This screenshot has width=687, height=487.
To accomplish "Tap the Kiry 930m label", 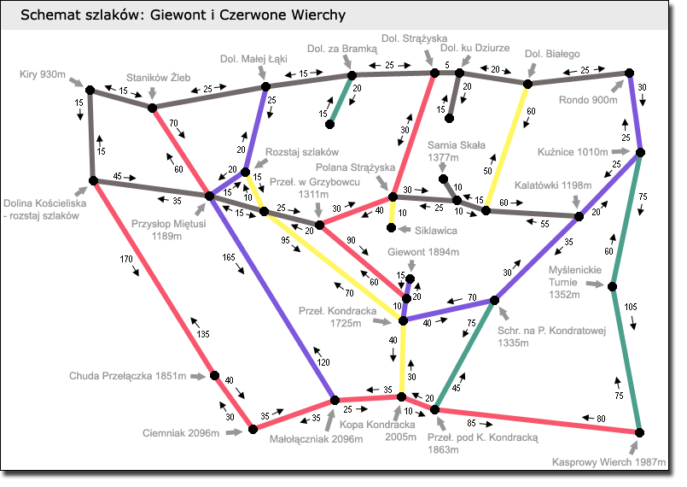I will pos(42,75).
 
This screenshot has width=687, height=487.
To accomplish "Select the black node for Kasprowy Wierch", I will pos(638,433).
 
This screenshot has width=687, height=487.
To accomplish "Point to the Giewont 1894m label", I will pos(423,252).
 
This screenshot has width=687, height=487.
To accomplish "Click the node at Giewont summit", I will pos(410,279).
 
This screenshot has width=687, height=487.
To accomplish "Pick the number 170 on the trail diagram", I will pos(126,258).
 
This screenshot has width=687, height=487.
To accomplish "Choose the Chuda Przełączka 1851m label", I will pos(127,375).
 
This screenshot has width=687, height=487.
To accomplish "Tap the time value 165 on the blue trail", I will pos(229,256).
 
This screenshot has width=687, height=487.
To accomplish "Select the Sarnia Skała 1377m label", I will pos(456,151).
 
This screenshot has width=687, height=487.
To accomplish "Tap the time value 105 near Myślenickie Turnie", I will pos(631,306).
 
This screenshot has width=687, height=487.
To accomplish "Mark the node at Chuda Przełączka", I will pos(214,376).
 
